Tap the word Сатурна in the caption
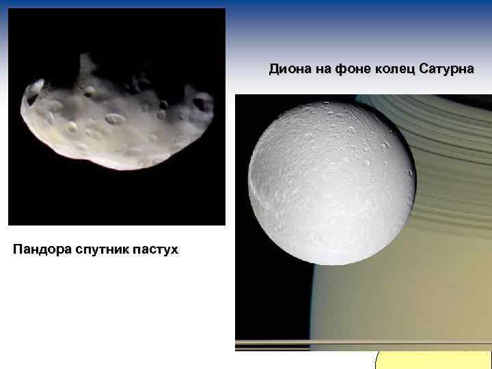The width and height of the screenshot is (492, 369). click(x=445, y=70)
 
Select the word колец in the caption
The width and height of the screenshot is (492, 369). click(x=390, y=70)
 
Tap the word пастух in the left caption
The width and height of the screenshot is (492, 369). click(x=156, y=249)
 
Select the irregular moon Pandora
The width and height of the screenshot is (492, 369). click(x=116, y=120)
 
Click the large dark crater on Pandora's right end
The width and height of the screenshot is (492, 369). click(x=201, y=104)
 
